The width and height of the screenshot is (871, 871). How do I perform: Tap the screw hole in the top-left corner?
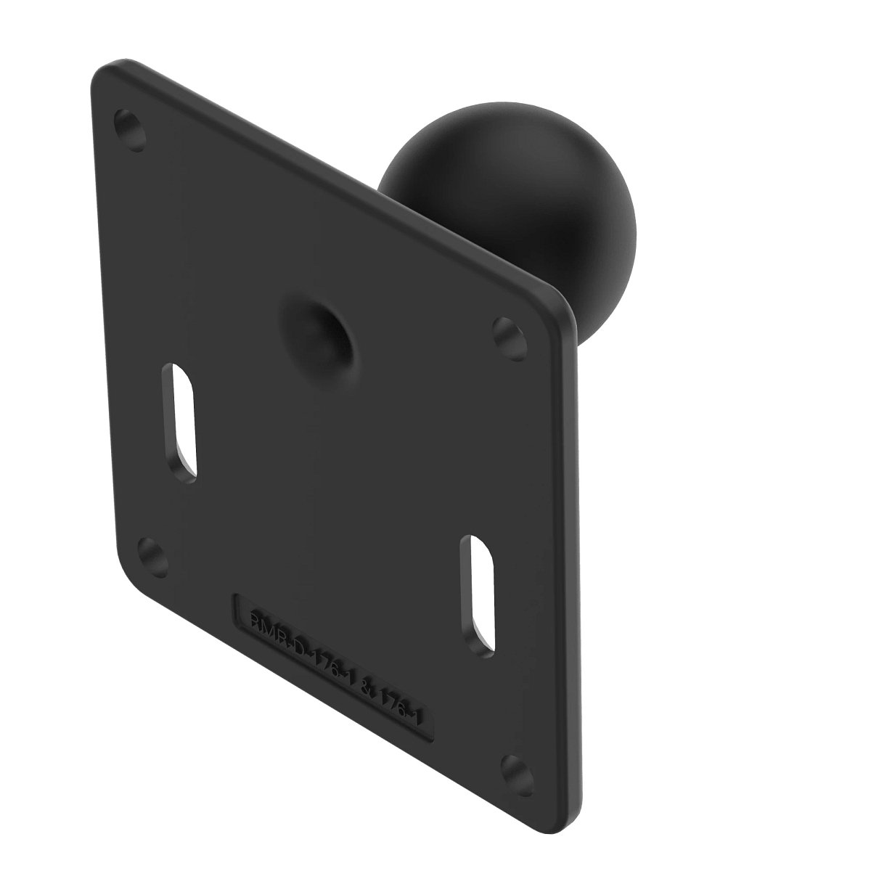[131, 131]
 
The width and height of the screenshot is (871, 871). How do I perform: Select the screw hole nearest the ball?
[508, 335]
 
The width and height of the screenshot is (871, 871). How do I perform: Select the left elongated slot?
[179, 421]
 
